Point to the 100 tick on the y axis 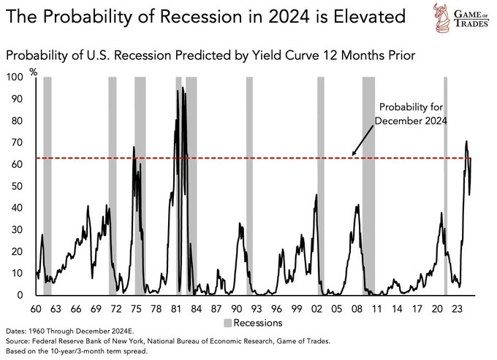click(x=15, y=77)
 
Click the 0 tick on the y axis click(x=20, y=295)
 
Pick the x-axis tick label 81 click(x=177, y=308)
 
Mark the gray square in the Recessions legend click(x=228, y=322)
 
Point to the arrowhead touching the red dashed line click(x=354, y=154)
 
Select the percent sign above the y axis click(x=33, y=70)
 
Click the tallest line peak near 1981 click(x=178, y=91)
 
